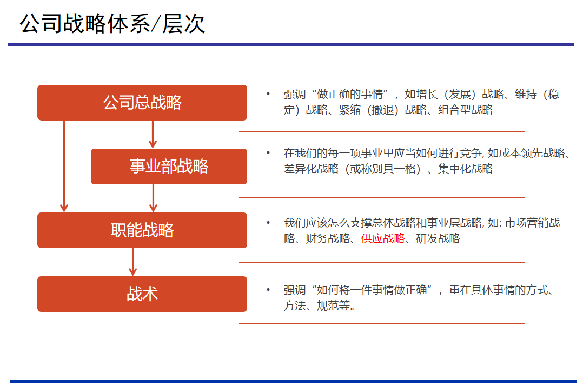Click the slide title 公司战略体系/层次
(112, 24)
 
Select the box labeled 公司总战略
(142, 103)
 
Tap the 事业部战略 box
(169, 167)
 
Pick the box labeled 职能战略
(142, 230)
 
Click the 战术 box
(142, 294)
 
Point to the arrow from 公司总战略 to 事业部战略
(153, 135)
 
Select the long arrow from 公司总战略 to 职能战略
(64, 167)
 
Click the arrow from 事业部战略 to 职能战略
(153, 198)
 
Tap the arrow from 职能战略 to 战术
(132, 262)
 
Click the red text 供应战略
(382, 238)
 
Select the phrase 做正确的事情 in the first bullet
(350, 95)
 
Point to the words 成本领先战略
(532, 153)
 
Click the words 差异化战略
(311, 169)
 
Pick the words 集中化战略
(465, 169)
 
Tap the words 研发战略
(438, 238)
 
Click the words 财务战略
(328, 238)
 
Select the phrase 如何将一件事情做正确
(372, 290)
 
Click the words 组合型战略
(466, 110)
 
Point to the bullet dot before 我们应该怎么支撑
(268, 223)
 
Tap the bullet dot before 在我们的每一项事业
(268, 152)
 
